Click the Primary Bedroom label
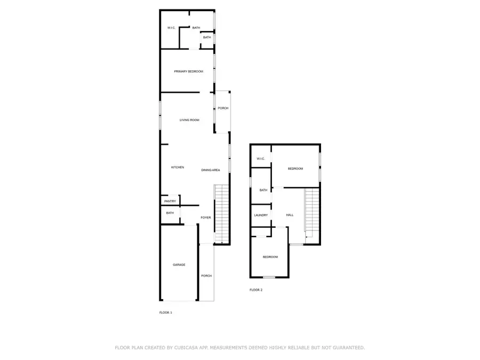point(189,71)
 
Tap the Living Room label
point(189,120)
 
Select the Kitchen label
point(178,167)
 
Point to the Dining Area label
point(211,170)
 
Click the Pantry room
point(170,200)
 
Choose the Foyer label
point(206,218)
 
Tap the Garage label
point(179,265)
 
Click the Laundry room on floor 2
point(261,215)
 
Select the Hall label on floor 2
point(290,215)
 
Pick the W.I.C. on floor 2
point(261,156)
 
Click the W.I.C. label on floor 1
point(171,28)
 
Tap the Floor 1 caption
point(166,313)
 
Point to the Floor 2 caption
point(256,290)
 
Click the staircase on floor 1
point(222,214)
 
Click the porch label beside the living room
point(223,108)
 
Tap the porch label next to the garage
point(206,276)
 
